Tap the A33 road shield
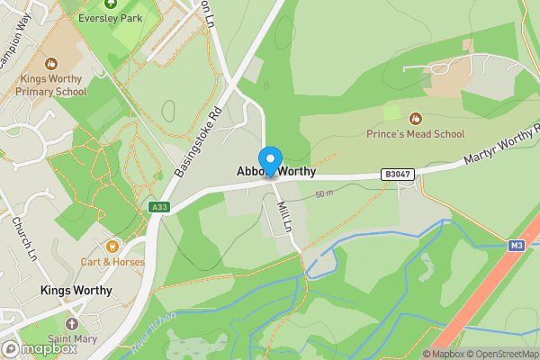(x=159, y=208)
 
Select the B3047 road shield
(x=396, y=174)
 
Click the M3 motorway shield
(x=516, y=245)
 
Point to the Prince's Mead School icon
(x=415, y=119)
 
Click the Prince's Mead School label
(x=415, y=134)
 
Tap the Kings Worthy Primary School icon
(x=50, y=64)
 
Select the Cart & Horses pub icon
(x=112, y=246)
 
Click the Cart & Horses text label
(x=112, y=262)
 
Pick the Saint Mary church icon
(x=72, y=323)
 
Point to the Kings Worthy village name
(x=76, y=291)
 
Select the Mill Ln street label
(x=285, y=215)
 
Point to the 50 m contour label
(x=324, y=194)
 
